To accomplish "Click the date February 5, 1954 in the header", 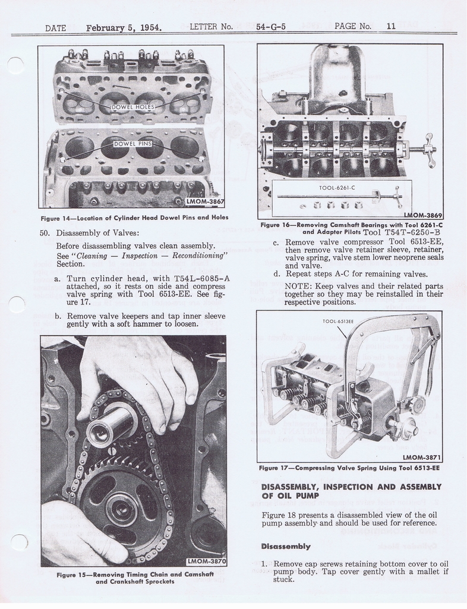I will (x=124, y=27).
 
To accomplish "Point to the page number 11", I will (x=391, y=26).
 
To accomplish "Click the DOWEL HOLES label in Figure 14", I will (x=133, y=107).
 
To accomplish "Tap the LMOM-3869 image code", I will (x=422, y=215).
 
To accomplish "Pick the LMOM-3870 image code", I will (x=206, y=561).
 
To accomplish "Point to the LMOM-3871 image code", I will (x=421, y=457).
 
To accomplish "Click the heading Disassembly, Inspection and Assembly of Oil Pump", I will (x=351, y=491).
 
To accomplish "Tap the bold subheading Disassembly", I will (x=286, y=546).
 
